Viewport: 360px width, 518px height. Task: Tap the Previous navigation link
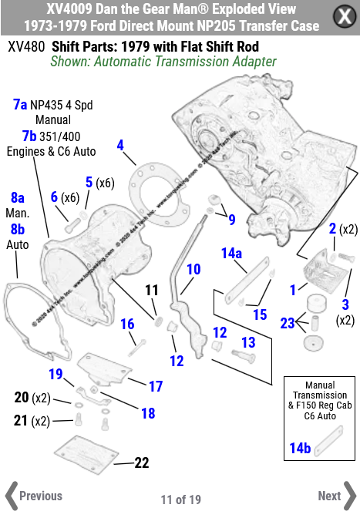pyautogui.click(x=34, y=496)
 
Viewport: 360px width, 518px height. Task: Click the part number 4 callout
pyautogui.click(x=120, y=145)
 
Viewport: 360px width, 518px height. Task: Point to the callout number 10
pyautogui.click(x=193, y=269)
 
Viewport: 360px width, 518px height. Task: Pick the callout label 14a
pyautogui.click(x=231, y=253)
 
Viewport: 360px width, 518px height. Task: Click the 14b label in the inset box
pyautogui.click(x=299, y=448)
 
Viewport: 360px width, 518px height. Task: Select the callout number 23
pyautogui.click(x=288, y=324)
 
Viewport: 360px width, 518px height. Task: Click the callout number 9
pyautogui.click(x=231, y=220)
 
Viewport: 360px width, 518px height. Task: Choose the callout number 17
pyautogui.click(x=156, y=386)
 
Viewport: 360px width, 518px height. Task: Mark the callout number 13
pyautogui.click(x=248, y=342)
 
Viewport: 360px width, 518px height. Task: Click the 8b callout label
pyautogui.click(x=17, y=229)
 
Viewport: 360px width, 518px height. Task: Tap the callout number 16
pyautogui.click(x=127, y=325)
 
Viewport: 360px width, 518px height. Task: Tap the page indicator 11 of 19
pyautogui.click(x=180, y=499)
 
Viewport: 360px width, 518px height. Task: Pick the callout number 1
pyautogui.click(x=293, y=290)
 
